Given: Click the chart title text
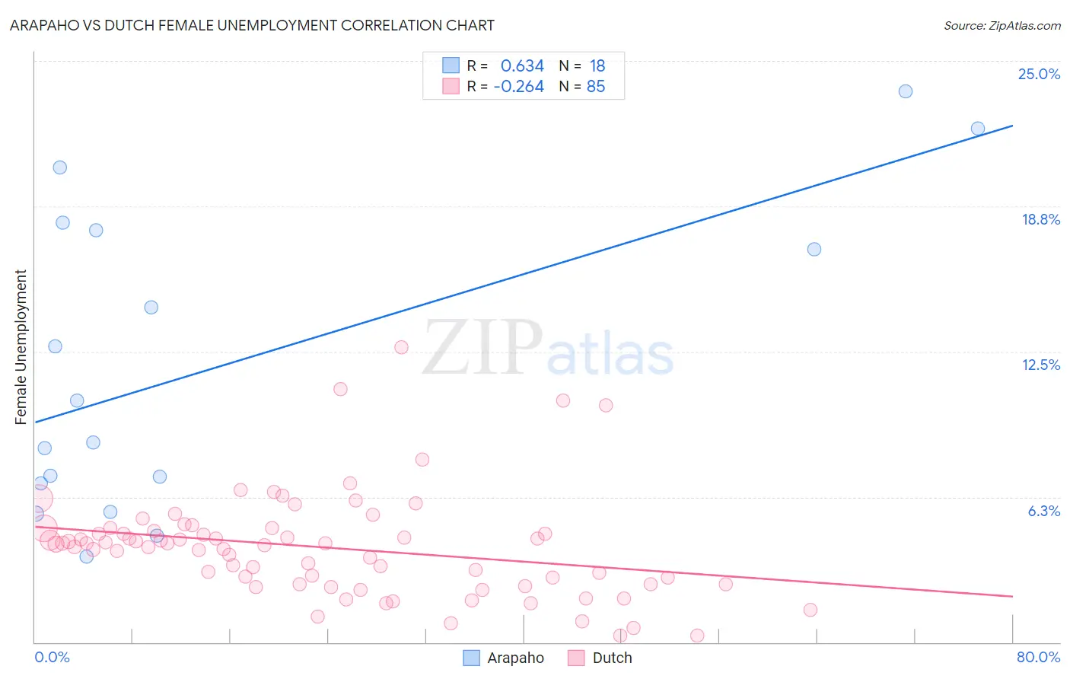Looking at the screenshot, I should pos(252,25).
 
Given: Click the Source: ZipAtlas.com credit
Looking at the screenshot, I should pos(1002,25).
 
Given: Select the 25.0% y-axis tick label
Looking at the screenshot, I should pos(1038,74).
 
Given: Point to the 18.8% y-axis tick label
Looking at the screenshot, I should pos(1040,219).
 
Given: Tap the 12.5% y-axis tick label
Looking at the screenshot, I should pos(1040,365).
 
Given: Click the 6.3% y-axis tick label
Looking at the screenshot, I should pos(1043,511).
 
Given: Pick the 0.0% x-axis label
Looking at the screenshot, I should pos(52,657).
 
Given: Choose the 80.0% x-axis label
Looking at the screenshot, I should pos(1037,657).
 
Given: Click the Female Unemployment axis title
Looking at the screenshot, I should pos(21,347).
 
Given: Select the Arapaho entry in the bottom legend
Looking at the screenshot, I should pos(514,658).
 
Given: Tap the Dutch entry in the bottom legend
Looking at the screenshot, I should pos(611,658).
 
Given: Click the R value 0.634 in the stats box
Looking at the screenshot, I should pos(522,65).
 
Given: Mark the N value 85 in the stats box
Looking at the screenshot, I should pos(596,87).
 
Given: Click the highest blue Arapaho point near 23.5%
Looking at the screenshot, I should pos(905,91).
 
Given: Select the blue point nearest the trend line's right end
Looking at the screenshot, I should pos(977,129).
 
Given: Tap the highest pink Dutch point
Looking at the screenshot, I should pos(401,347).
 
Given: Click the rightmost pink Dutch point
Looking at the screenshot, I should pos(810,610).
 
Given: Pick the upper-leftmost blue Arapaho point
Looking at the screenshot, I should pos(59,167).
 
